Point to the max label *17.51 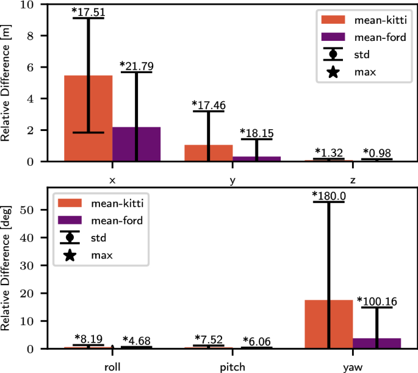(x=88, y=11)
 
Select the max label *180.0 (x=328, y=195)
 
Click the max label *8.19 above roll (x=89, y=338)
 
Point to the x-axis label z (x=353, y=180)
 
